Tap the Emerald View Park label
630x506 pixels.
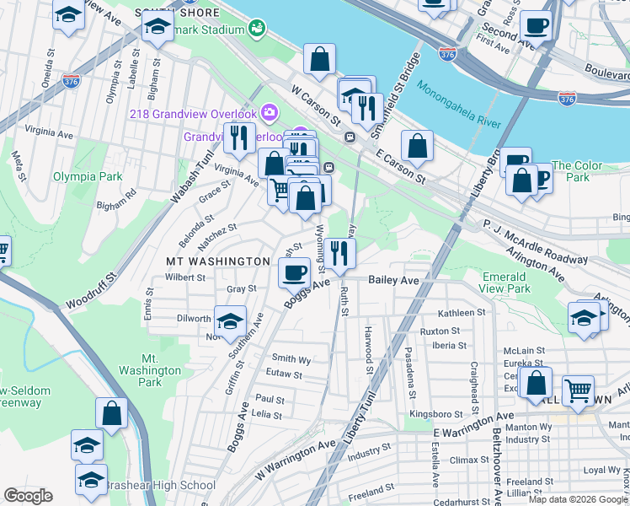pyautogui.click(x=506, y=283)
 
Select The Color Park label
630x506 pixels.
pyautogui.click(x=576, y=171)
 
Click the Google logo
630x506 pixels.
pyautogui.click(x=28, y=496)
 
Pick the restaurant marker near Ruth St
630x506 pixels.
pyautogui.click(x=340, y=252)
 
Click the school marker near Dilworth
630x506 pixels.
pyautogui.click(x=230, y=321)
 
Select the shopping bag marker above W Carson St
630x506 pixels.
pyautogui.click(x=320, y=59)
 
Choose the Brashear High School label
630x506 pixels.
pyautogui.click(x=159, y=485)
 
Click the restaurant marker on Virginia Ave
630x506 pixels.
pyautogui.click(x=239, y=137)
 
